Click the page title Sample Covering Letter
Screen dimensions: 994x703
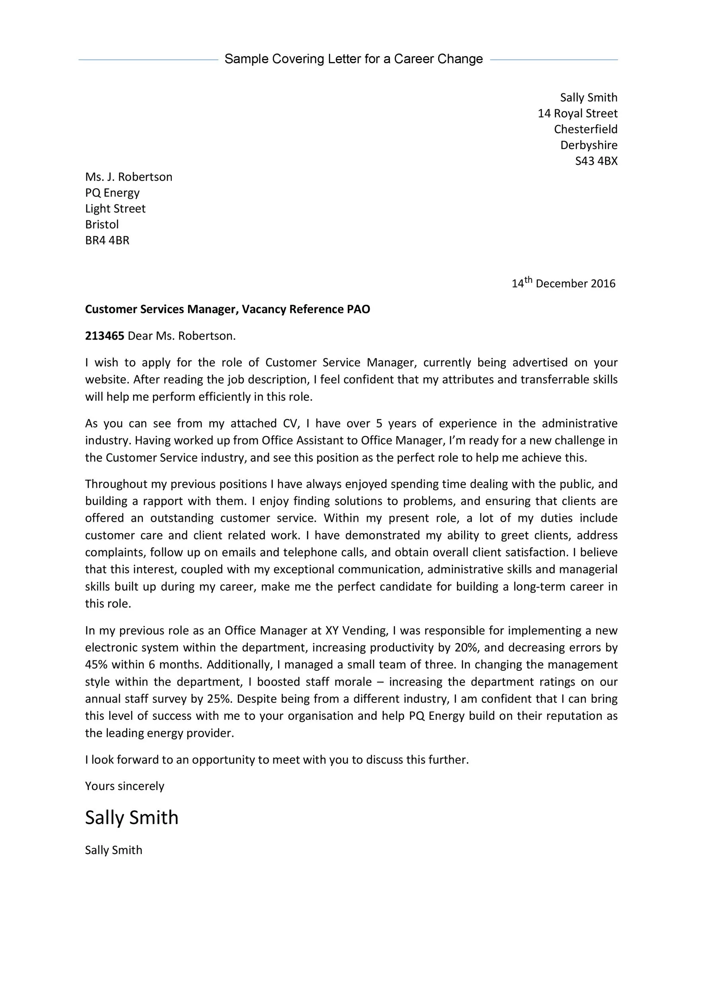(x=353, y=59)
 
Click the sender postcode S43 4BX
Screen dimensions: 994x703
(x=596, y=161)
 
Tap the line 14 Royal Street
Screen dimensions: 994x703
(x=577, y=113)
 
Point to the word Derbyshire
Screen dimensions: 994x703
(x=589, y=145)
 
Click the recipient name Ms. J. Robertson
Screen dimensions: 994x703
(x=129, y=177)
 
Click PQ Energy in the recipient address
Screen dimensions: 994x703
(x=112, y=193)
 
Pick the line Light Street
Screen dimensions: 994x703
(x=115, y=209)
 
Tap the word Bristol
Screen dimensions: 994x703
(x=102, y=224)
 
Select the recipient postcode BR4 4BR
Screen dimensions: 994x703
(x=107, y=240)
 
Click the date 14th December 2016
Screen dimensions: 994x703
(x=563, y=283)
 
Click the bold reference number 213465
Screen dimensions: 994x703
(x=104, y=336)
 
